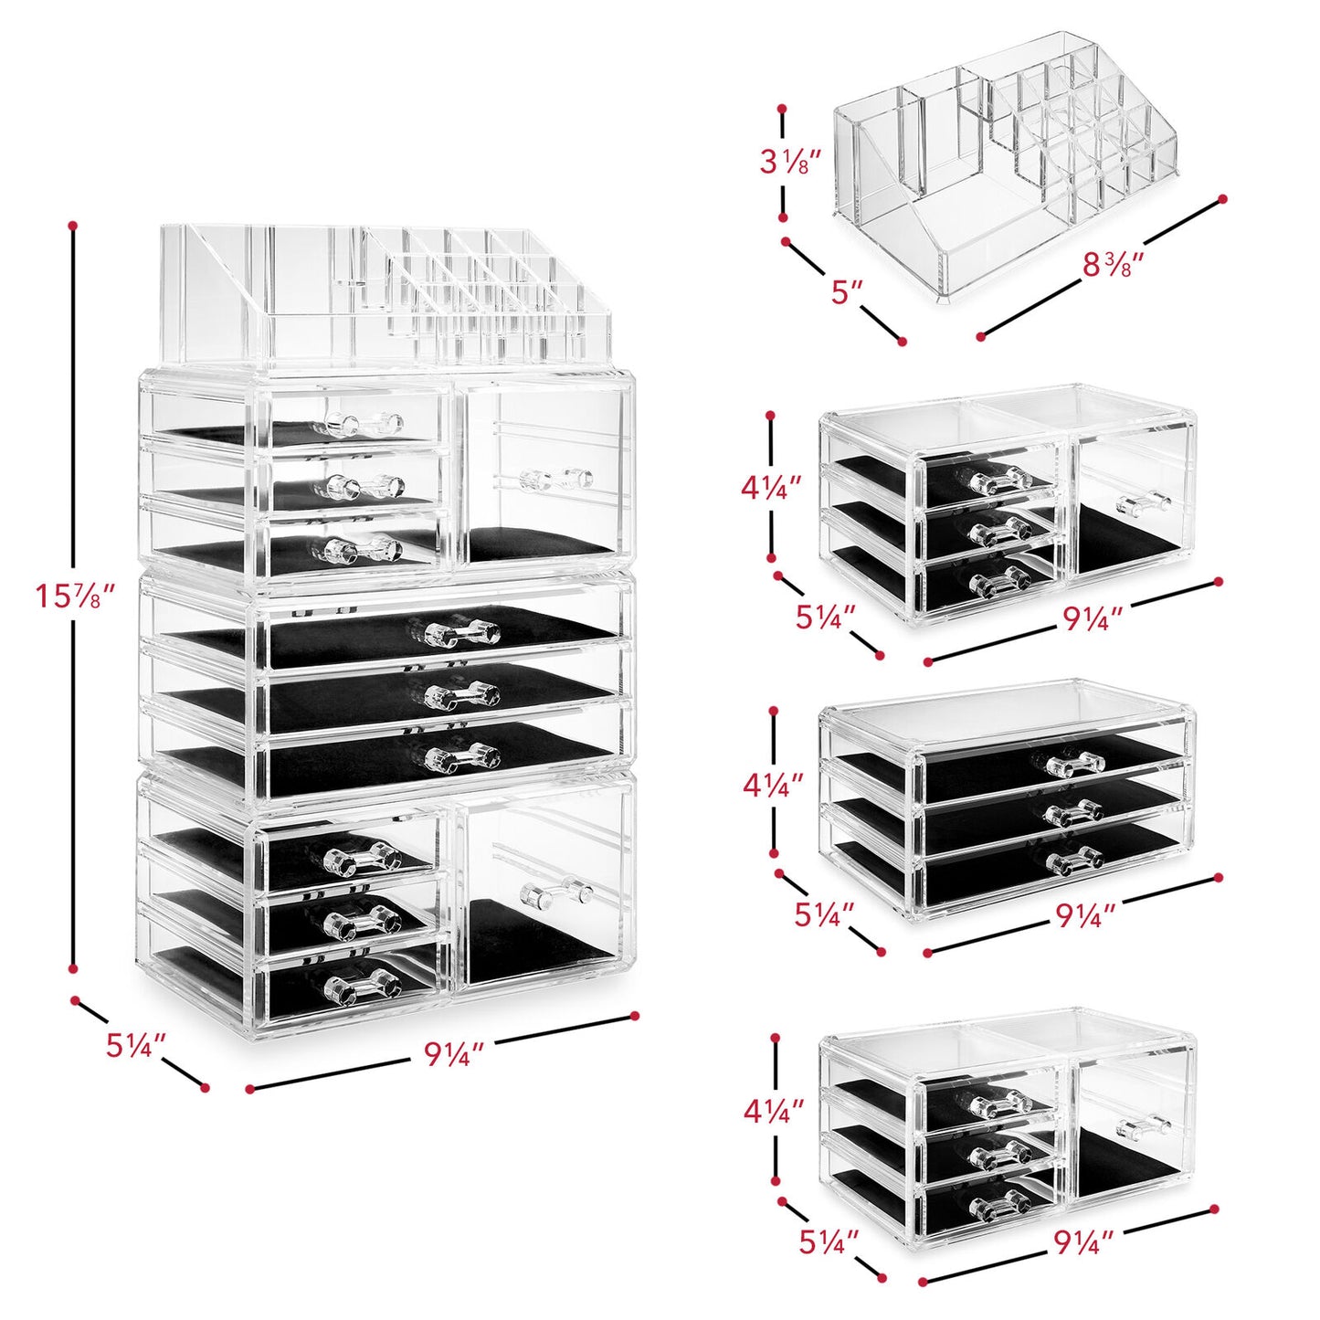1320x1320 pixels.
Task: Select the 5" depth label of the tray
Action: pyautogui.click(x=847, y=292)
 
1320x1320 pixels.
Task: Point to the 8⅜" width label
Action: pyautogui.click(x=1113, y=264)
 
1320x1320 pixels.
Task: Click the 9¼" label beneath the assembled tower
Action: pyautogui.click(x=453, y=1055)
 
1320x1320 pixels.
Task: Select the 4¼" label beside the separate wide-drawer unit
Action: pyautogui.click(x=774, y=784)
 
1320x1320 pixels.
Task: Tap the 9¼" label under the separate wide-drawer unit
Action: pyautogui.click(x=1086, y=915)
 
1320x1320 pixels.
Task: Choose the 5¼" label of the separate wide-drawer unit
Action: pyautogui.click(x=824, y=913)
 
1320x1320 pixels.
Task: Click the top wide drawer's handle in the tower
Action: pyautogui.click(x=462, y=631)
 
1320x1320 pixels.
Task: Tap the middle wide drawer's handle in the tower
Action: pyautogui.click(x=462, y=694)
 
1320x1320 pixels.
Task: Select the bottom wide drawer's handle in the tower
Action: pyautogui.click(x=462, y=756)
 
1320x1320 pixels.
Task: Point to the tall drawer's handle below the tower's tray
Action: pyautogui.click(x=554, y=478)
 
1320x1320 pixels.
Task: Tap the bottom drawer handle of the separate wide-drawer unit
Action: pyautogui.click(x=1074, y=859)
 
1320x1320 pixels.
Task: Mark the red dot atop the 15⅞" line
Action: pyautogui.click(x=73, y=224)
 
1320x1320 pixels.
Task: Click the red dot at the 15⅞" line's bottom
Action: pyautogui.click(x=73, y=970)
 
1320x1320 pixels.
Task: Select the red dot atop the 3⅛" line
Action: pyautogui.click(x=782, y=109)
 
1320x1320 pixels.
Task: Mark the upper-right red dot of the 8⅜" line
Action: pyautogui.click(x=1223, y=197)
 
